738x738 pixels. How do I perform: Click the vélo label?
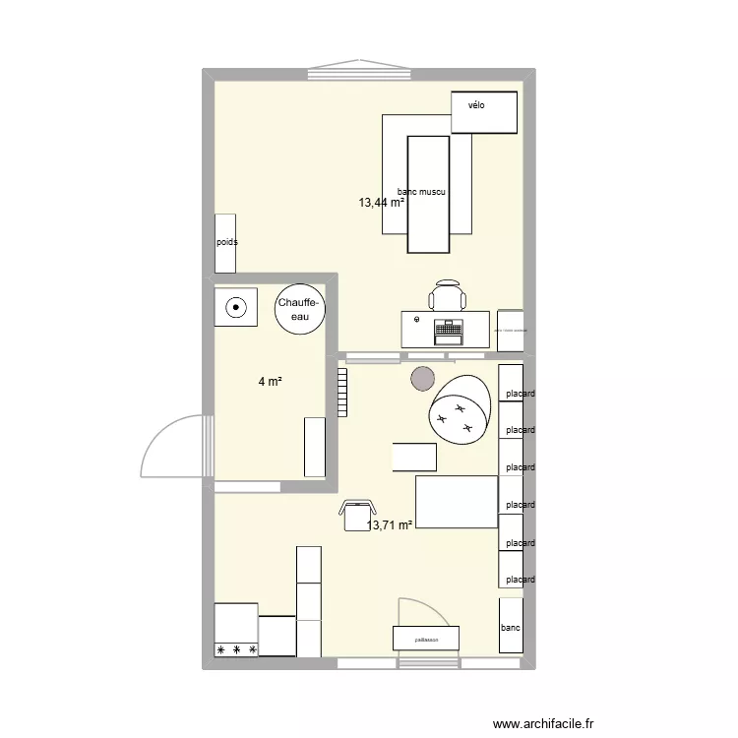[476, 105]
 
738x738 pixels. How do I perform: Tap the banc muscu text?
[422, 193]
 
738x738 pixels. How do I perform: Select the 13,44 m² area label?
[382, 203]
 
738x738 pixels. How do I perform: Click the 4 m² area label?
[271, 382]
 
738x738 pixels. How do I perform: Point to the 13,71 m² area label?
[391, 526]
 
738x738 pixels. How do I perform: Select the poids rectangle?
[226, 242]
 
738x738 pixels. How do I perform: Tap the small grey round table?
[422, 377]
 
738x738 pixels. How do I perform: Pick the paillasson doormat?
[425, 638]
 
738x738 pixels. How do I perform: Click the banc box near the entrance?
[511, 626]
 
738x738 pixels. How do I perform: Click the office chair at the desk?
[447, 295]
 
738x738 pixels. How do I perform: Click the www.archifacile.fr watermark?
[543, 723]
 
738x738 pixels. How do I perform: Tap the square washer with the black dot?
[236, 306]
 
